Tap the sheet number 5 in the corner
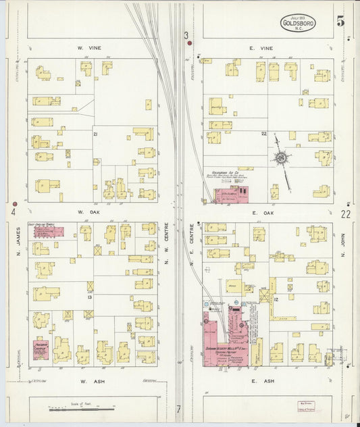click(340, 22)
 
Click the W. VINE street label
click(89, 48)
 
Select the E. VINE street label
click(263, 48)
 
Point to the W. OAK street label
click(88, 212)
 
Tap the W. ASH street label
click(90, 381)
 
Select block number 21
click(95, 134)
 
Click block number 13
click(88, 297)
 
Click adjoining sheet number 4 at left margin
click(14, 212)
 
